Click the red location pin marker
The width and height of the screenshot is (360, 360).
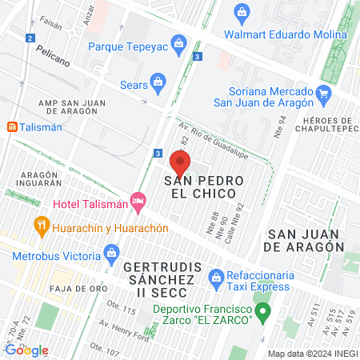pos(180,165)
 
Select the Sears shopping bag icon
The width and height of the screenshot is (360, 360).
pos(159,81)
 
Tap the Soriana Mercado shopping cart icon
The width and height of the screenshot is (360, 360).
pos(322,94)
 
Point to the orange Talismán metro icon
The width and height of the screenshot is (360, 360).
pos(12,126)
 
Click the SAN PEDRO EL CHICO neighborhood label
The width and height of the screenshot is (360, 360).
pos(200,186)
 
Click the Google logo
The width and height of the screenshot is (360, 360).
pos(26,350)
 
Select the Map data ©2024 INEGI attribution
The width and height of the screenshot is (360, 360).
pos(312,354)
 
